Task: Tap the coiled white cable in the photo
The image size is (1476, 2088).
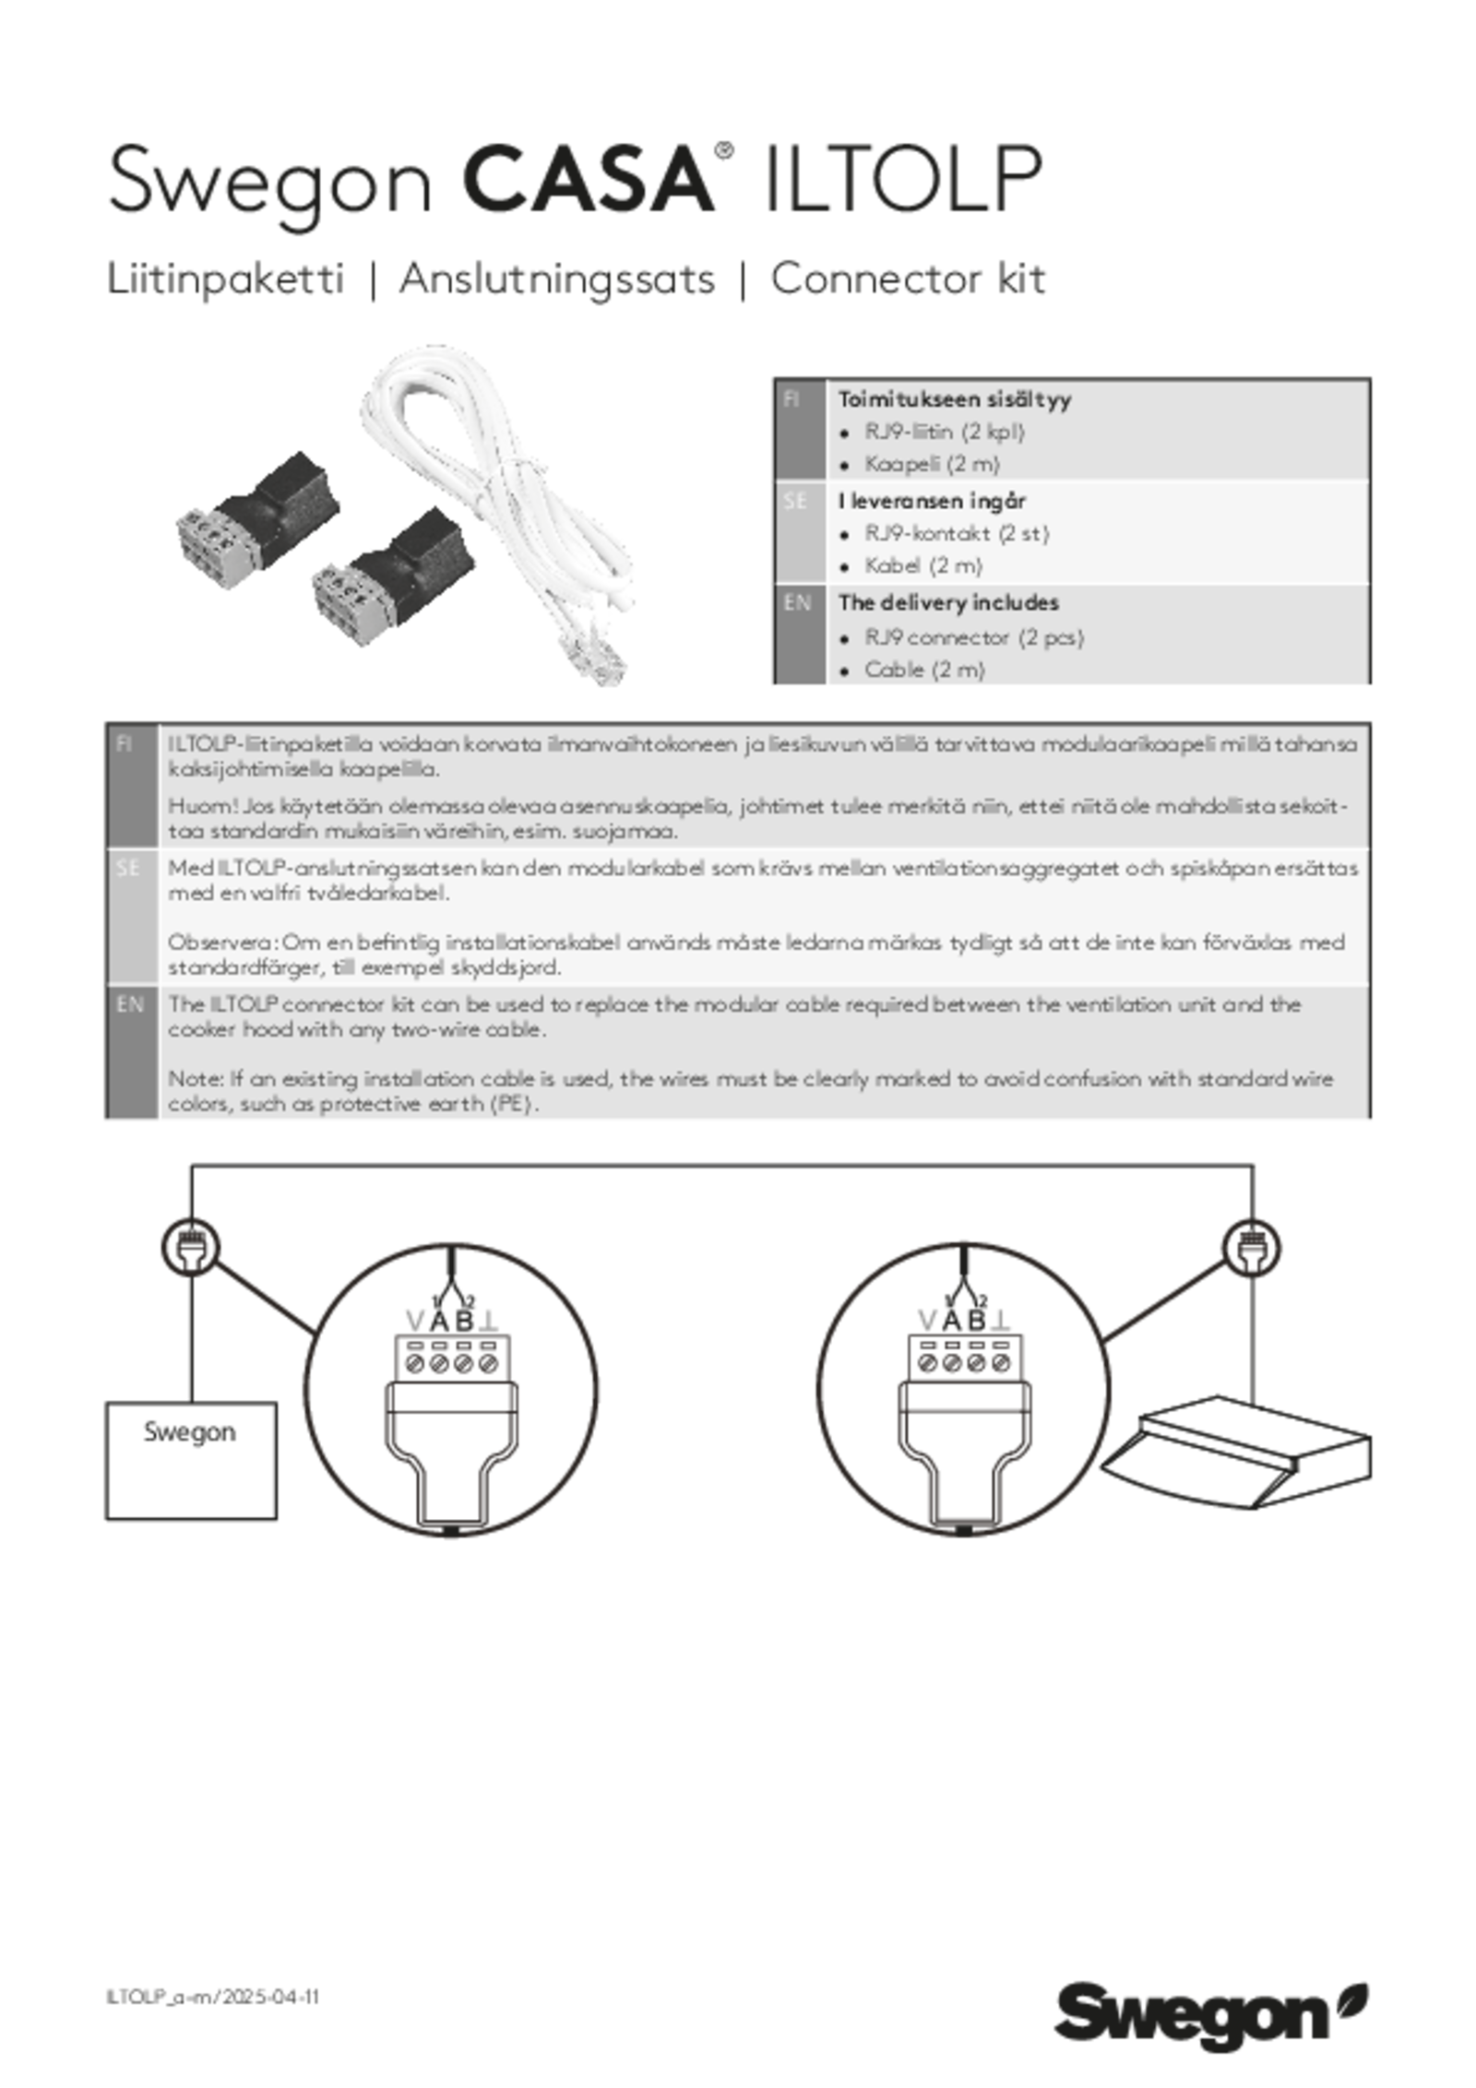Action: coord(498,498)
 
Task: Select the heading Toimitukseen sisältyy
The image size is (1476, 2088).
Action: coord(955,400)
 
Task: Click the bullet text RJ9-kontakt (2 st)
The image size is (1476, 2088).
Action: coord(957,534)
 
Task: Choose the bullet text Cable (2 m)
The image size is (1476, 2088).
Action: coord(924,670)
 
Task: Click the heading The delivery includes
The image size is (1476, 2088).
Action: coord(948,603)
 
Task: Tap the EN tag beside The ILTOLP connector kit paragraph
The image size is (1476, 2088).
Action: coord(130,1005)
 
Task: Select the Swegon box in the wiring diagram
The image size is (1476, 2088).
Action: coord(191,1461)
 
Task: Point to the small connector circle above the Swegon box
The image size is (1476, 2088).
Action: coord(191,1248)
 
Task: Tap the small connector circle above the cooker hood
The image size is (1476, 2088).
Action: coord(1252,1248)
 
